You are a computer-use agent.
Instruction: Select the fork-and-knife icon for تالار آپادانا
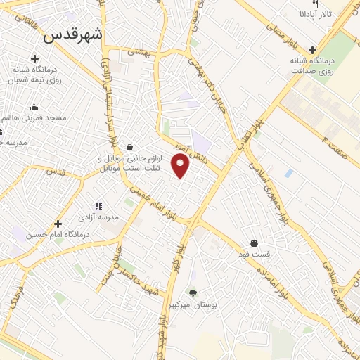(x=325, y=4)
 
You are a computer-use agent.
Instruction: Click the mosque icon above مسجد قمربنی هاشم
(x=33, y=107)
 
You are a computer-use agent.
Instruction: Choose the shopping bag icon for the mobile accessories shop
(x=129, y=147)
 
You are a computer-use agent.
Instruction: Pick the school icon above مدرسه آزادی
(x=98, y=206)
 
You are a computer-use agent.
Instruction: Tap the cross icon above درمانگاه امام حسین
(x=58, y=224)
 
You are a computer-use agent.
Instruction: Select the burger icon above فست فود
(x=252, y=242)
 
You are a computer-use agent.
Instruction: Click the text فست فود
(x=252, y=252)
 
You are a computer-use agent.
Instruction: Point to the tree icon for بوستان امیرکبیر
(x=192, y=292)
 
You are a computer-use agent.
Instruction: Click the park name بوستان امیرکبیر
(x=192, y=304)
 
